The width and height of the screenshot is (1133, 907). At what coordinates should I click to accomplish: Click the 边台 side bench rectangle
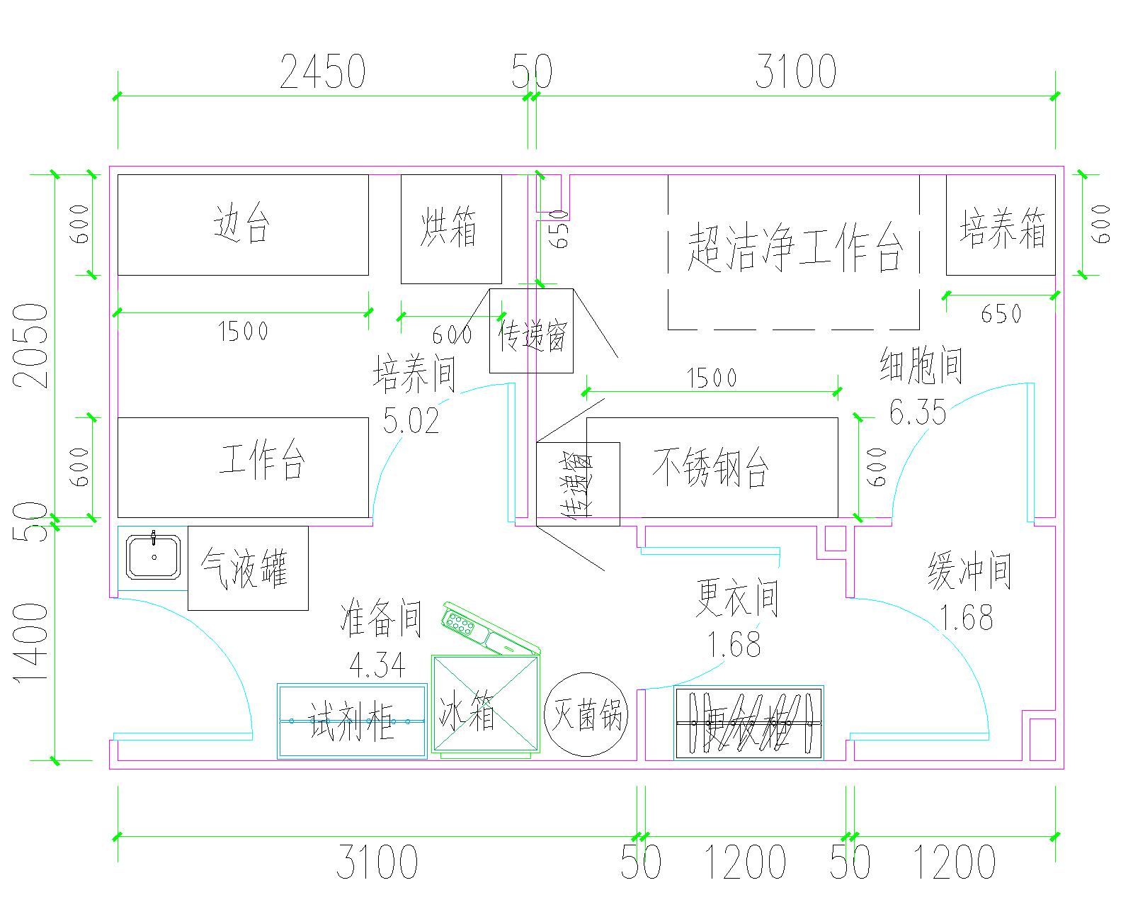242,225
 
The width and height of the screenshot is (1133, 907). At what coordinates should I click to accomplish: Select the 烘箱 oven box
451,229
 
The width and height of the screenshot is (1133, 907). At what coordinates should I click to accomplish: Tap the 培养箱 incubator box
1001,225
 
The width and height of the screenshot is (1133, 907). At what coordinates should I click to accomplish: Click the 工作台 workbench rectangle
242,467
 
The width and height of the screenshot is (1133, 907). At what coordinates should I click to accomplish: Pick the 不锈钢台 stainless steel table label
710,468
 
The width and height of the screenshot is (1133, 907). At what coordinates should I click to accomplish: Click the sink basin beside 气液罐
153,556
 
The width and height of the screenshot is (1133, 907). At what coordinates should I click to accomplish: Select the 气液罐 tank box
247,568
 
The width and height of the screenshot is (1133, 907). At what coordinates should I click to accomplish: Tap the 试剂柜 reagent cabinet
352,721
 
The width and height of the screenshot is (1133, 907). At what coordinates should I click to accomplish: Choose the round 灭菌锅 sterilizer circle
586,714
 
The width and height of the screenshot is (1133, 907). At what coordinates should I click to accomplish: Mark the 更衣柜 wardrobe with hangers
748,723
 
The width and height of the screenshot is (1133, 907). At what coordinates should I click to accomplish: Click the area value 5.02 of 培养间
411,419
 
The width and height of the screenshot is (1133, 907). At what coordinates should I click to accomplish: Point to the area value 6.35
918,412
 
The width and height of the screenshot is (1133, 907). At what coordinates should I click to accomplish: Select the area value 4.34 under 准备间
377,665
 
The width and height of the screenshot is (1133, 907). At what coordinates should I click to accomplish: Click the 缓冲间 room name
969,572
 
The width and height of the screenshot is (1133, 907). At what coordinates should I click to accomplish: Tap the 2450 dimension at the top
322,72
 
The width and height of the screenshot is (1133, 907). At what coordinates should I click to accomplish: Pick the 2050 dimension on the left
32,346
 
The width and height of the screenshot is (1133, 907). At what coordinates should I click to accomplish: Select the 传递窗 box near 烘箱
531,331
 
